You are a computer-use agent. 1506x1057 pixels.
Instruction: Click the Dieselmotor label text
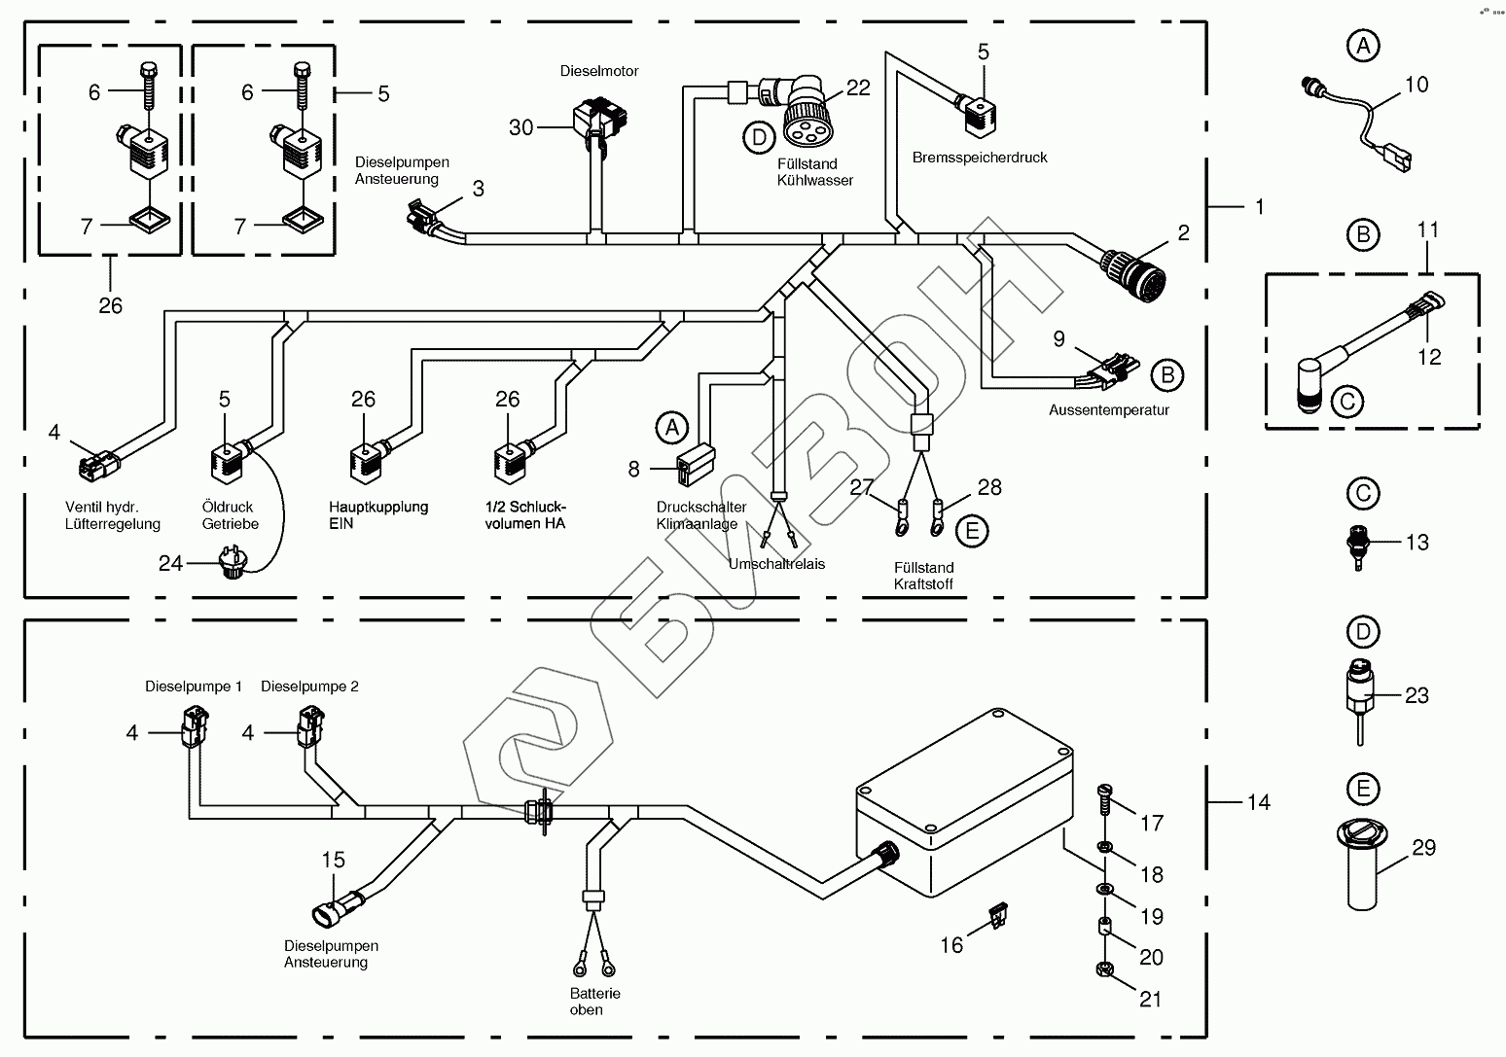[598, 71]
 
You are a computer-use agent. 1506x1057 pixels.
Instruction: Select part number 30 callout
[521, 127]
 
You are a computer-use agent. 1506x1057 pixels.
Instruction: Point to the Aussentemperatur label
[1108, 410]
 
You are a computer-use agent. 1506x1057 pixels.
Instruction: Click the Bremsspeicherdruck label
[980, 158]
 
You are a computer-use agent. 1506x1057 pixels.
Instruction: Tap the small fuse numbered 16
[995, 915]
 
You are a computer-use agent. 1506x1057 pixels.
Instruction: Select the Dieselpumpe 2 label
[309, 687]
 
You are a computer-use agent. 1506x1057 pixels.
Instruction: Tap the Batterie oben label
[594, 1002]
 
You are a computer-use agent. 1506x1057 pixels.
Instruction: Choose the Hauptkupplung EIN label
[378, 514]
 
